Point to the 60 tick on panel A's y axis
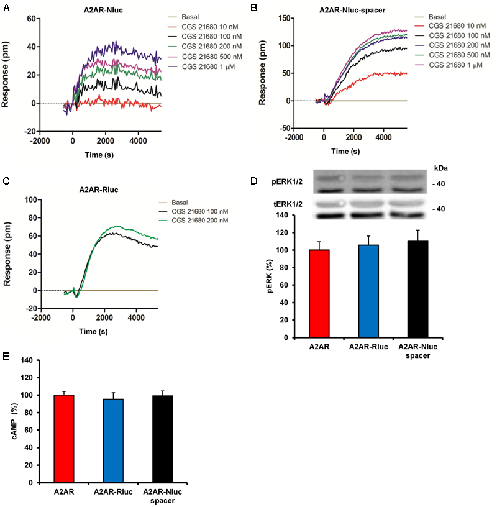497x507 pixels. pyautogui.click(x=29, y=19)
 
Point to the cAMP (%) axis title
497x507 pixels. pyautogui.click(x=13, y=421)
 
